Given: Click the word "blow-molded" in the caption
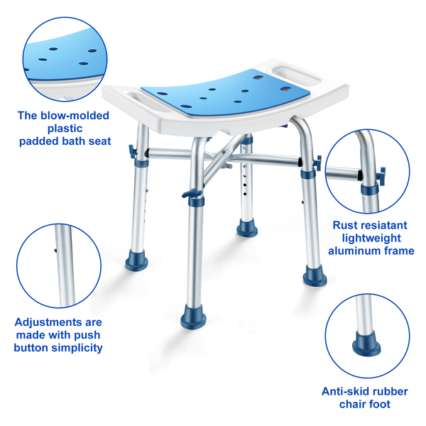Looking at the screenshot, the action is coord(75,116).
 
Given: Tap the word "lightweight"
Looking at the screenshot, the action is coord(371,239).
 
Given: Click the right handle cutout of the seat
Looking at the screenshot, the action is coord(296,75).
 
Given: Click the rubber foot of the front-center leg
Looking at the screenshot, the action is coord(193,317).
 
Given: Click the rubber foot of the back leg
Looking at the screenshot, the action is coord(247,227).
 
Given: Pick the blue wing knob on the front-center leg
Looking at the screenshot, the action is coord(192,194).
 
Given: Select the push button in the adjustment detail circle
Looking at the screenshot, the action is coord(55,251).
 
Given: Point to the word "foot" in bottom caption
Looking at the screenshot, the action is coord(378,404).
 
